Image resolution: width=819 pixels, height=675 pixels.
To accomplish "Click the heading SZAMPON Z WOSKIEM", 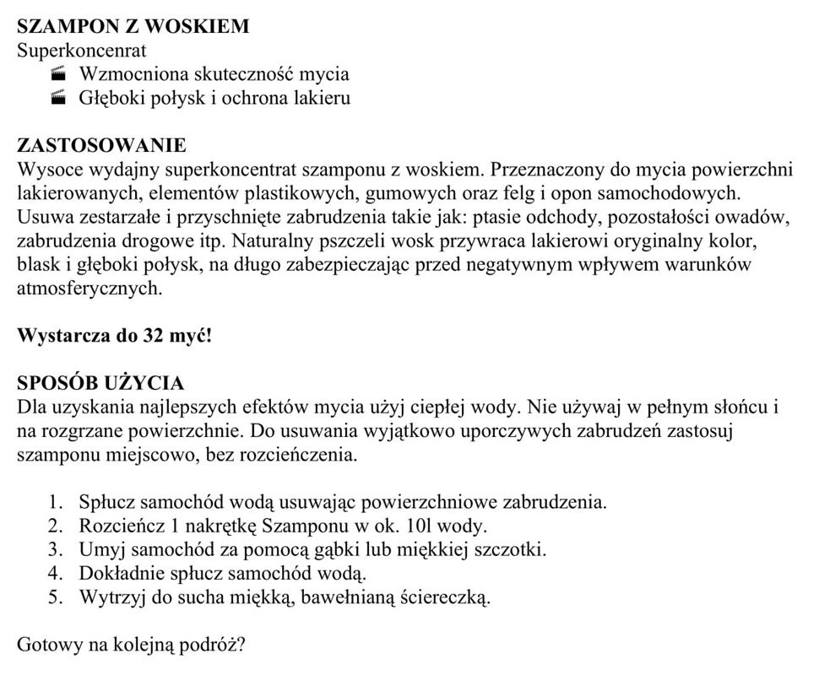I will [x=133, y=26].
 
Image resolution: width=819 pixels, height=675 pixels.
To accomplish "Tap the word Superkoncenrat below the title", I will [x=81, y=50].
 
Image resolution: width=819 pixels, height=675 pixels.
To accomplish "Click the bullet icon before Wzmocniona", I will [x=58, y=74].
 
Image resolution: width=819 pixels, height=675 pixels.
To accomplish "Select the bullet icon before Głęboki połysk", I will [x=58, y=98].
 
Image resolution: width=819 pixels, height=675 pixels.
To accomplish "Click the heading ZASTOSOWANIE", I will [x=101, y=146].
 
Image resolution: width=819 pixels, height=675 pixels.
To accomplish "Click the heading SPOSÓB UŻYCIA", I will [x=100, y=384].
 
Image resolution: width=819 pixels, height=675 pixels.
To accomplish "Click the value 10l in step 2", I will [x=419, y=526].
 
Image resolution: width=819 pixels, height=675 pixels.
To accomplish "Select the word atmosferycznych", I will [x=89, y=289].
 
